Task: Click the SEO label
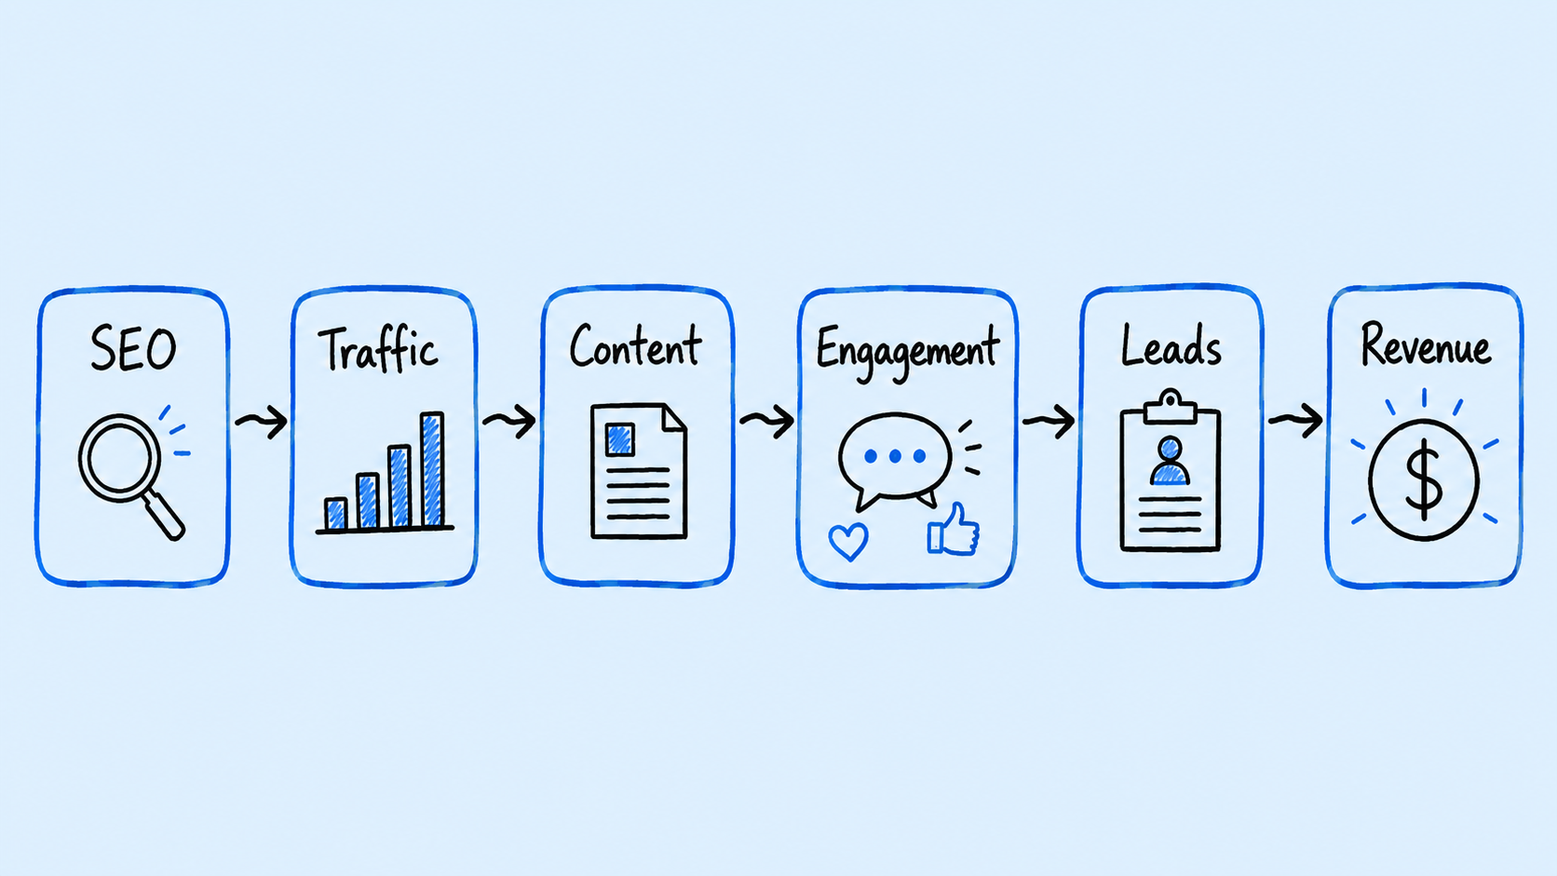click(133, 348)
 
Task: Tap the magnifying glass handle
click(164, 516)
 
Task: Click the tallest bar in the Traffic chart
click(432, 469)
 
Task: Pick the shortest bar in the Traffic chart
click(336, 514)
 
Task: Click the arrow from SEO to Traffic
click(262, 421)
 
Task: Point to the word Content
click(635, 346)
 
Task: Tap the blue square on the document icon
click(620, 439)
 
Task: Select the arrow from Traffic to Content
click(509, 420)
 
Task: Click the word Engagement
click(908, 352)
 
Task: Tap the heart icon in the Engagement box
click(848, 541)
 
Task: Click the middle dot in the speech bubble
click(895, 456)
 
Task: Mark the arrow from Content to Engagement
click(766, 420)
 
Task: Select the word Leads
click(1171, 346)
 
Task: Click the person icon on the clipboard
click(1170, 461)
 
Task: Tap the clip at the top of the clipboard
click(1171, 408)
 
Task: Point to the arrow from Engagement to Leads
click(1049, 420)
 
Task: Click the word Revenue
click(1426, 344)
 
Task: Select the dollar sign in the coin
click(1424, 479)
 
